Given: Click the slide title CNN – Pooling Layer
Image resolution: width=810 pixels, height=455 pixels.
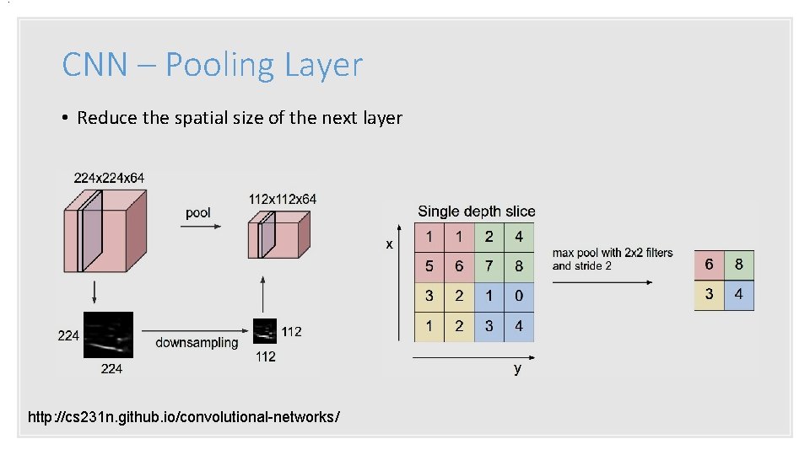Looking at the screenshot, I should point(212,65).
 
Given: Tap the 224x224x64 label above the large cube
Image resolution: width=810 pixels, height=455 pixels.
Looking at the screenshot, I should point(109,178).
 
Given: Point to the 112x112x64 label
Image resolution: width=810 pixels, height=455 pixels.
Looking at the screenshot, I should point(283,200).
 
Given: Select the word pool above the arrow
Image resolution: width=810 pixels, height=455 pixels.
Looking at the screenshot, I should point(197,213).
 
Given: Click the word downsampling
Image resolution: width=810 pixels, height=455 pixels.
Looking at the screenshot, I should point(197,343).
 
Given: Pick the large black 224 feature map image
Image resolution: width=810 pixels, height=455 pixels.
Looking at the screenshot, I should point(108,335).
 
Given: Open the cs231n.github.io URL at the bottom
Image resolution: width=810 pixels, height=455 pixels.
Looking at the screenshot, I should point(184,417).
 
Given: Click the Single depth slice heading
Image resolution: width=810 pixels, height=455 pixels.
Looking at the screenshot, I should point(476,211).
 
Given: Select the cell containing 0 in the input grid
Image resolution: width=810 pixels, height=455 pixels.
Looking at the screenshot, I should point(519,296).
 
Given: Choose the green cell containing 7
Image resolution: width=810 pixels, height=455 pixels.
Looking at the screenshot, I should point(489,266).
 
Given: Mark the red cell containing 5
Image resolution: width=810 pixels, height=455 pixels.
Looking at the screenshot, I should point(429,266).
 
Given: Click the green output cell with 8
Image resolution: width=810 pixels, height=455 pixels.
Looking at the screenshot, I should point(739,265).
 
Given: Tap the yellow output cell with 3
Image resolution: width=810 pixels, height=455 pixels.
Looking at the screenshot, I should point(709,295).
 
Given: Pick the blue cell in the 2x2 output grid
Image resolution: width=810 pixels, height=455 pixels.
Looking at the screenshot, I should point(739,295).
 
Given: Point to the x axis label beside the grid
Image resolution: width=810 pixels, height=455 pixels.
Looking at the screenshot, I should point(389,244).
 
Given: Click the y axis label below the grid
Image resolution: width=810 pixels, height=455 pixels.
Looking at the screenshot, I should point(517,369).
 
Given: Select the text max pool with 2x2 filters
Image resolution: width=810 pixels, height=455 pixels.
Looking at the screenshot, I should point(613,253).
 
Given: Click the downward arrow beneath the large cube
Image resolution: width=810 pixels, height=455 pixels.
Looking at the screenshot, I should point(94,292).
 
